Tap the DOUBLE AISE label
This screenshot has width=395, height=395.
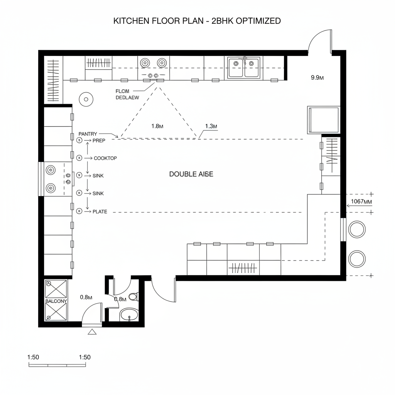coord(191,174)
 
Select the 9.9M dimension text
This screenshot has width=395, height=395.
coord(317,78)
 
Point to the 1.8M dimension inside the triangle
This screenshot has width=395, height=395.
coord(157,126)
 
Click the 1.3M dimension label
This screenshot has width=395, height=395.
coord(211,126)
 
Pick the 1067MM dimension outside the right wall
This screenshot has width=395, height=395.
coord(361,201)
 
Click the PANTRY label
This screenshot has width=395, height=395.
coord(88,133)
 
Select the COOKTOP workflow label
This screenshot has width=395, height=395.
coord(105,158)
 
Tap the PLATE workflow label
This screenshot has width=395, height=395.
coord(100,211)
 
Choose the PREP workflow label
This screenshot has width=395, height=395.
coord(99,141)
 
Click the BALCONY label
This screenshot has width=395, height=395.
coord(56,301)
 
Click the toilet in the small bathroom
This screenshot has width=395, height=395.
coord(133,297)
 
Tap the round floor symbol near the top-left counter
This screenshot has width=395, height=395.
coord(86,99)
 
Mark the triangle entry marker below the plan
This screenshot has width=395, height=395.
coord(92,332)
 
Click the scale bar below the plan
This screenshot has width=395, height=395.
coord(52,365)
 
